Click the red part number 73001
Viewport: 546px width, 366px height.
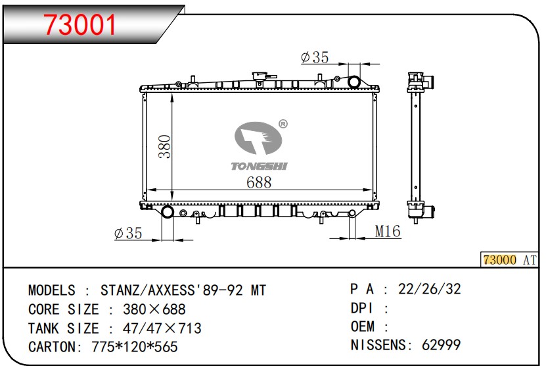[80, 25]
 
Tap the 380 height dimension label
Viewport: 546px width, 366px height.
[165, 147]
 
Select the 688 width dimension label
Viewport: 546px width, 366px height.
[259, 182]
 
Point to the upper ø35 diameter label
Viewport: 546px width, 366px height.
[315, 57]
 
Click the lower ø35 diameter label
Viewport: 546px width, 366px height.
[128, 233]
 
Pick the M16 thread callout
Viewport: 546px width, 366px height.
[388, 231]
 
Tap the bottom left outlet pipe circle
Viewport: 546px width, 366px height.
[168, 211]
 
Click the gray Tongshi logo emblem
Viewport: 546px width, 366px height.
[258, 138]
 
